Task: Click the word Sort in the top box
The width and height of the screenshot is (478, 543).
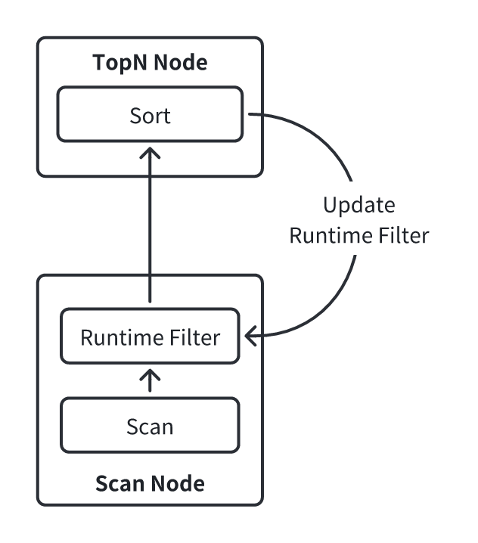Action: pos(150,116)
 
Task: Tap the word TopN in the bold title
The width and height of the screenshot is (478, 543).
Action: pos(119,64)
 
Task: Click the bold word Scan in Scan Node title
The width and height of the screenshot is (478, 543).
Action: pos(119,482)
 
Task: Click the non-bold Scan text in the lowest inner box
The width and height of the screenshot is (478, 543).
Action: pos(150,427)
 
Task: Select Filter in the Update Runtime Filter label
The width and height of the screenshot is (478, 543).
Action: pos(403,235)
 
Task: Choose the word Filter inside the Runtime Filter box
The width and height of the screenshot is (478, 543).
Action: pos(196,337)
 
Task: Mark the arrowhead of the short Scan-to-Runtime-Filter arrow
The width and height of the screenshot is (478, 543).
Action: pos(150,374)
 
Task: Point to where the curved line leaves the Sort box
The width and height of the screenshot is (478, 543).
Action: pos(249,115)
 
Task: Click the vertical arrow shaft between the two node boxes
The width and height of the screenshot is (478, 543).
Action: pos(150,227)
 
